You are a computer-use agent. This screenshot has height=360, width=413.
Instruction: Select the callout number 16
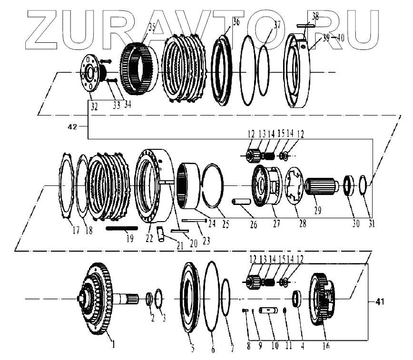pyautogui.click(x=325, y=346)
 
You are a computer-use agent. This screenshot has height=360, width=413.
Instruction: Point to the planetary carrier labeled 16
pyautogui.click(x=323, y=297)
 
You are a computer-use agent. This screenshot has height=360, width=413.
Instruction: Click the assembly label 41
pyautogui.click(x=379, y=302)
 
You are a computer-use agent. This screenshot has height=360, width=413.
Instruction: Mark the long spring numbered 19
pyautogui.click(x=122, y=228)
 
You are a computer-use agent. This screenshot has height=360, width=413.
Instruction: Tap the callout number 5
pyautogui.click(x=192, y=349)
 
